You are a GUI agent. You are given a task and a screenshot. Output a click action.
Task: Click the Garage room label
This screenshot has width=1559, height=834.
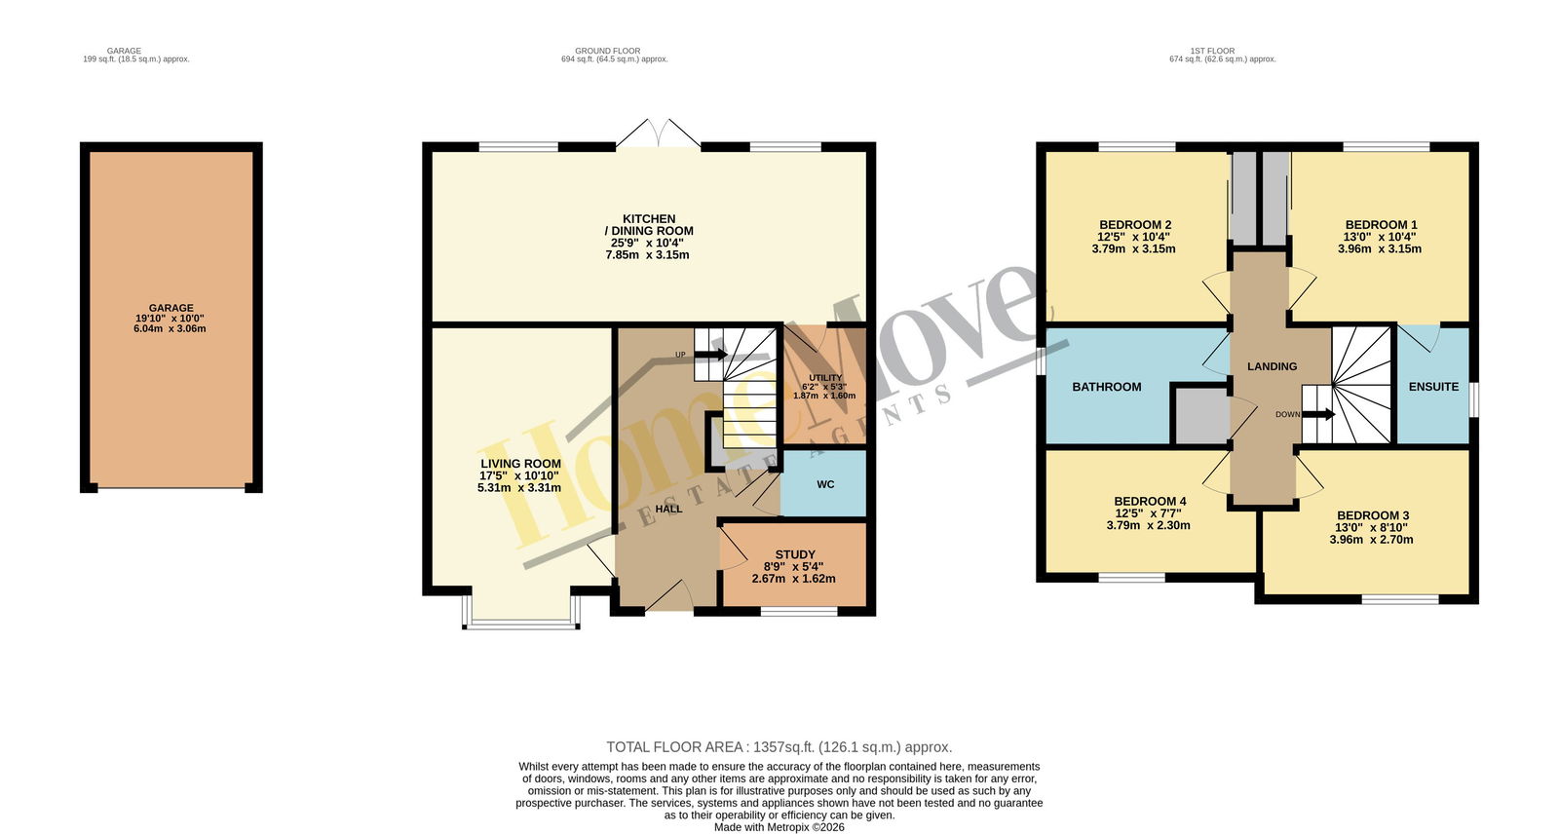[171, 308]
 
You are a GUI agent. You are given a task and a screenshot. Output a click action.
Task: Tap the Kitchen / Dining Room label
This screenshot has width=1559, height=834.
[649, 225]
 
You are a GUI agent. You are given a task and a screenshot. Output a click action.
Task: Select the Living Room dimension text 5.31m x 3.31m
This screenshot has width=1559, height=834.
[519, 488]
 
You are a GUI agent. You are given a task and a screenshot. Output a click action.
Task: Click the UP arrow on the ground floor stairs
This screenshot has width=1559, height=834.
[711, 355]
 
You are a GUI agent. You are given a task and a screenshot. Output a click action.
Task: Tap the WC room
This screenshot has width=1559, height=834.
[824, 484]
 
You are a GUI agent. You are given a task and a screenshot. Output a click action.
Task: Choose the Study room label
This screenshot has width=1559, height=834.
[795, 554]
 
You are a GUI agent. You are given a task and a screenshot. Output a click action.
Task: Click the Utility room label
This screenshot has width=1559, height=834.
[825, 377]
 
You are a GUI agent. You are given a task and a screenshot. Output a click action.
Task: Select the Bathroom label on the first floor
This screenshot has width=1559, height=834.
[1107, 387]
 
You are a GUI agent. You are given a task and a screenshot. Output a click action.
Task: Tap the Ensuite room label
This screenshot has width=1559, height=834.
[1433, 387]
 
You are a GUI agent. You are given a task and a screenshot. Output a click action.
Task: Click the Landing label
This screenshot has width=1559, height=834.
[1273, 366]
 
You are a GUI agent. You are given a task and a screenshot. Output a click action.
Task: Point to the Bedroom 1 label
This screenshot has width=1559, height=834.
[1381, 225]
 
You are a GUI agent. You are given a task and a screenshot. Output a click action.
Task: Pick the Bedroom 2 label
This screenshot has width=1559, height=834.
[1135, 225]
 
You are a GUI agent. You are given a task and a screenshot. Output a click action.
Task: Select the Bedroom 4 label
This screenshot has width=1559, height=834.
[1150, 501]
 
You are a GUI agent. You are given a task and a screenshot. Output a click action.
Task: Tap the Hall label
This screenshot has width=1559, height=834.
[668, 509]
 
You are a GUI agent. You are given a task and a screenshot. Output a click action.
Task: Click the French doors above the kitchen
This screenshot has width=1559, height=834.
[659, 133]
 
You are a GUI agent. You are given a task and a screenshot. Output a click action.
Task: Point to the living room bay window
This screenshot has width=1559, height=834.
[521, 623]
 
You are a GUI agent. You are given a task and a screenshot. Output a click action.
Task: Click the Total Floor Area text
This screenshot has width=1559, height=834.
[779, 747]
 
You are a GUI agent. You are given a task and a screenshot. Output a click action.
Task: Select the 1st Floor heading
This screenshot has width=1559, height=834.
[1212, 51]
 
